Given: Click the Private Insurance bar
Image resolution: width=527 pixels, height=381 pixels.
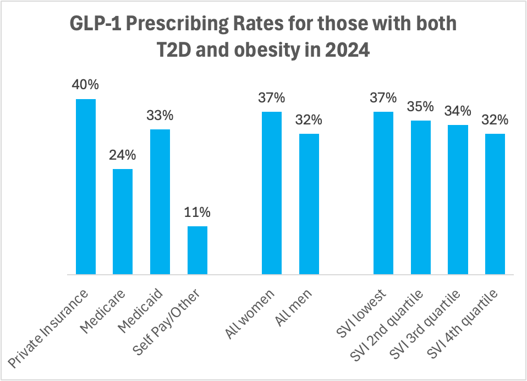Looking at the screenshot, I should (x=86, y=187).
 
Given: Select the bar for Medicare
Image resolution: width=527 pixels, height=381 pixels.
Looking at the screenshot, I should (x=123, y=221).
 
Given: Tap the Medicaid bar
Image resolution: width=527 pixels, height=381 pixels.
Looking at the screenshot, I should (x=160, y=202).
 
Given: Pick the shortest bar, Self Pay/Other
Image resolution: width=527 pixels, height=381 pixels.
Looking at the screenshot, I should (x=197, y=250).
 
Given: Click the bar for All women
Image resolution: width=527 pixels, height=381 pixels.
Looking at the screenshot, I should (x=272, y=193).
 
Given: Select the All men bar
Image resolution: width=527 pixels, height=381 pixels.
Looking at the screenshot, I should (x=309, y=204).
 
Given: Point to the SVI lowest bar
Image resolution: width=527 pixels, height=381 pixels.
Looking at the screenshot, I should (x=383, y=193).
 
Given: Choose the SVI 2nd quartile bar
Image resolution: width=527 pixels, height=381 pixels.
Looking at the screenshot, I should (x=421, y=197).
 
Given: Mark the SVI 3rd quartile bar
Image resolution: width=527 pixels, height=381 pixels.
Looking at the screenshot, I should (x=458, y=199).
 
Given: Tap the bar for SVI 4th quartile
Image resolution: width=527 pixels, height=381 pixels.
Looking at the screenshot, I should (x=495, y=204).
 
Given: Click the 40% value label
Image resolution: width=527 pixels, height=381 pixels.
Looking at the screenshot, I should (x=85, y=85).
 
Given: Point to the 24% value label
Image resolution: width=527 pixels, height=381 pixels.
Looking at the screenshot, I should (x=123, y=155).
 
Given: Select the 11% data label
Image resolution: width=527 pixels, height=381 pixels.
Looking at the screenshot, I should (x=197, y=213).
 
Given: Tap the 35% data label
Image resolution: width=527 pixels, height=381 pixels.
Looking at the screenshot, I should (x=421, y=107).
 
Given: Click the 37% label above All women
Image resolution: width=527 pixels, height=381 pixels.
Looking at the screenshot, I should (x=272, y=98).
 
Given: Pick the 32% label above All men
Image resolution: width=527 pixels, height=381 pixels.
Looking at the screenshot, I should (x=309, y=120).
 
